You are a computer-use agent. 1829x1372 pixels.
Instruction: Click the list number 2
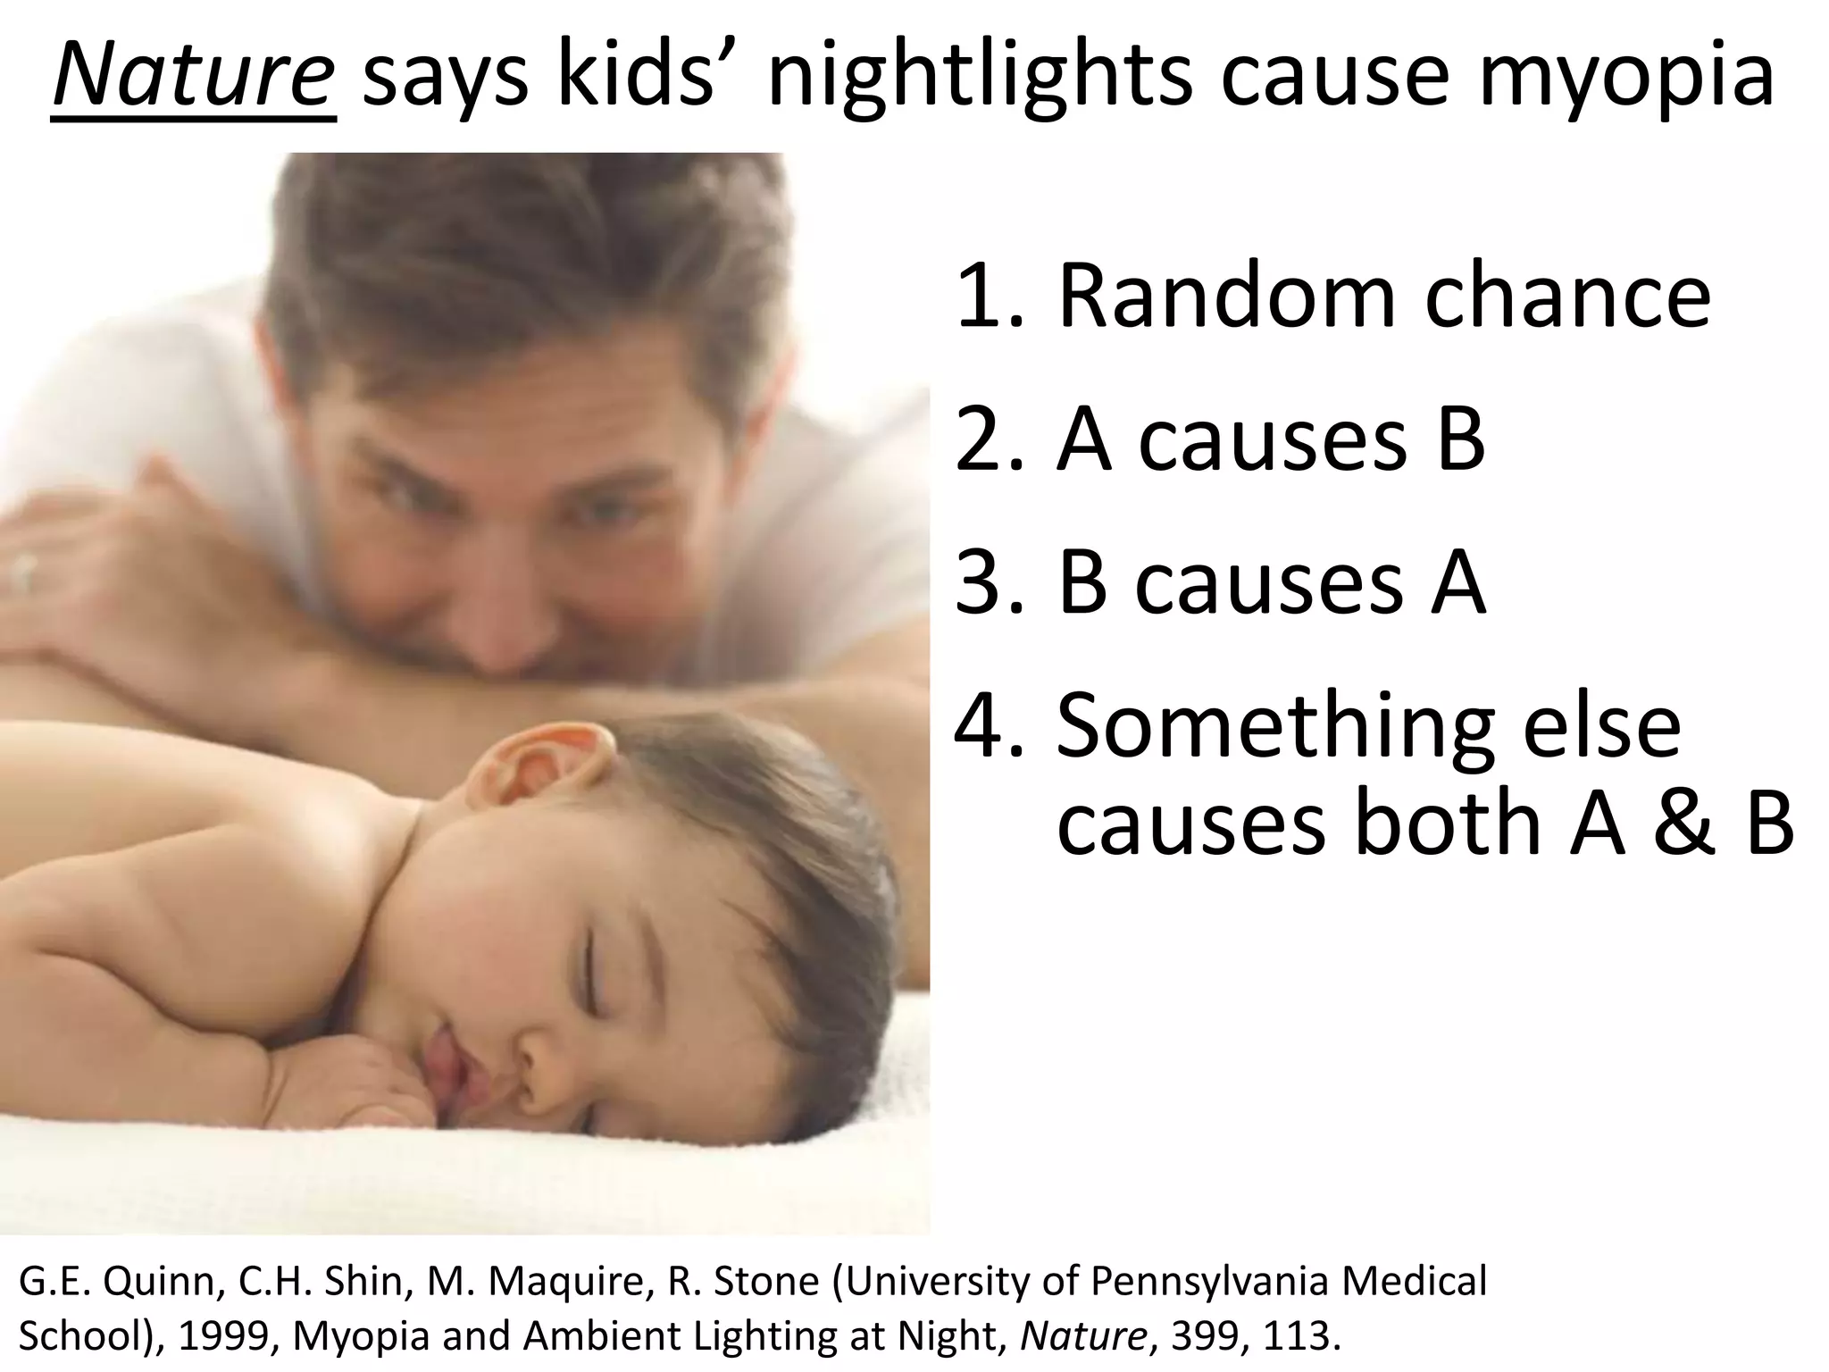tap(982, 439)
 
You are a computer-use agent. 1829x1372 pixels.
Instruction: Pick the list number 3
tap(982, 584)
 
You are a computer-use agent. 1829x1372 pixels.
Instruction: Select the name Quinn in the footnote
tap(161, 1282)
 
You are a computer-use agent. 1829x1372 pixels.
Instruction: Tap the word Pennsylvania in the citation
tap(1211, 1282)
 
